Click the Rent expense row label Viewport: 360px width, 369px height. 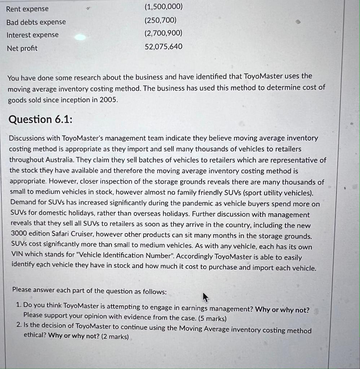coord(27,9)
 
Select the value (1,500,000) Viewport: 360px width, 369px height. coord(163,7)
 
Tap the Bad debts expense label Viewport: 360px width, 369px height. coord(36,22)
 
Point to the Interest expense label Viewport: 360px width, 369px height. coord(32,35)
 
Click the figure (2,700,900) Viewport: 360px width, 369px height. coord(163,33)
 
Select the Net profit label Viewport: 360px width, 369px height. coord(22,48)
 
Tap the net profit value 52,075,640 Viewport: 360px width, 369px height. coord(163,46)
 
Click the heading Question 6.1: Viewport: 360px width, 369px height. coord(40,119)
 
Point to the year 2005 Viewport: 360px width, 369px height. coord(109,100)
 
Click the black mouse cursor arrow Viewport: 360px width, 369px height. coord(205,297)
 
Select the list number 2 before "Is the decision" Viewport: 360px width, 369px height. coord(19,325)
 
